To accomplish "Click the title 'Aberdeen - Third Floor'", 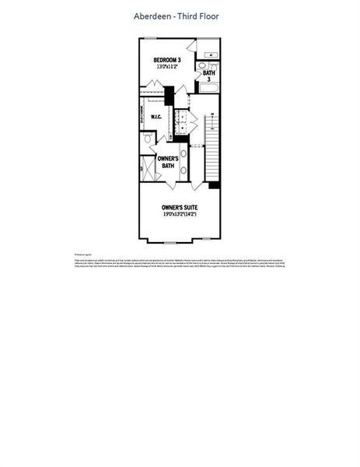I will [x=180, y=16].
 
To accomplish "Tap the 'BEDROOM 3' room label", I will [x=166, y=60].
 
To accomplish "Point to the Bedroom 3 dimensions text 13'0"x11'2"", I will [x=166, y=67].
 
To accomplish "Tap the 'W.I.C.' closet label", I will [x=156, y=118].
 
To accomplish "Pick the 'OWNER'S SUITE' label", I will [x=180, y=208].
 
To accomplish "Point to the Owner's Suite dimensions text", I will [x=180, y=216].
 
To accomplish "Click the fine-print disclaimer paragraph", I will [x=180, y=264].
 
